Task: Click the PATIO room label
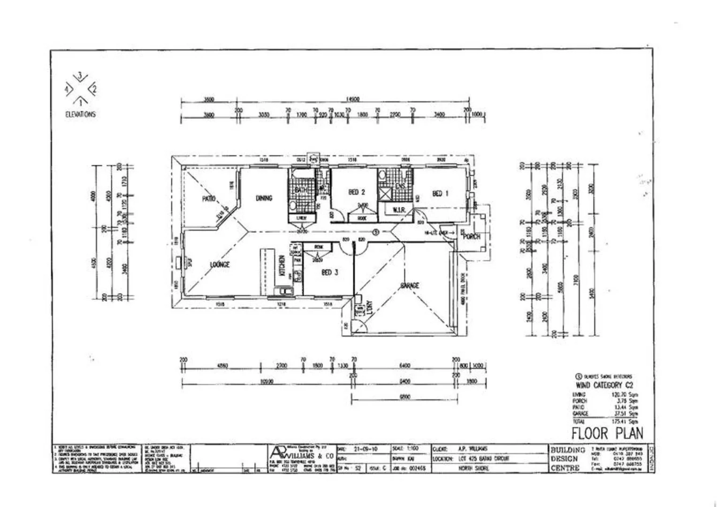(x=209, y=199)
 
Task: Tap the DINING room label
(x=264, y=198)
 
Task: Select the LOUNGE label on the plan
(x=220, y=265)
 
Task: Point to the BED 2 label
(x=357, y=192)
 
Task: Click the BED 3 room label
(x=330, y=272)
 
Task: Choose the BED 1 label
(x=437, y=193)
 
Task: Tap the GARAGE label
(x=410, y=285)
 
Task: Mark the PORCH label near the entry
(x=472, y=237)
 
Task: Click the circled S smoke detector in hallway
(x=374, y=231)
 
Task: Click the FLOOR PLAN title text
(x=607, y=433)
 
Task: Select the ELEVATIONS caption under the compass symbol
(x=80, y=114)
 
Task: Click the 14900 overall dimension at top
(x=352, y=100)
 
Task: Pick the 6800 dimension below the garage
(x=405, y=397)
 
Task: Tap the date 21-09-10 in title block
(x=366, y=449)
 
